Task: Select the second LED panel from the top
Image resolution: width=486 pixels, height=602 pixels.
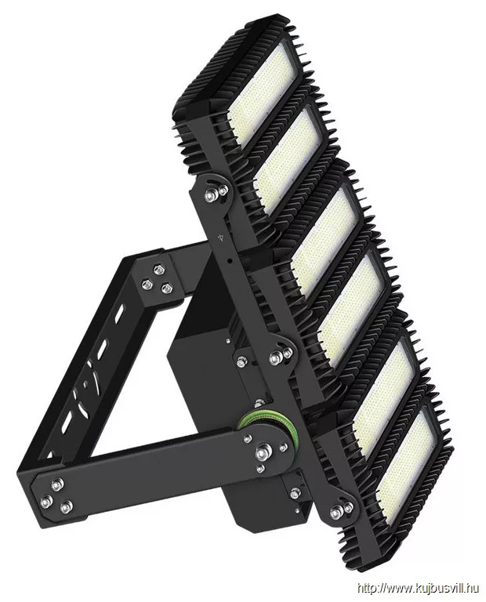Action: pos(288,161)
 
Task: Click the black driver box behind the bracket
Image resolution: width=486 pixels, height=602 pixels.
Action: pos(204,346)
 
